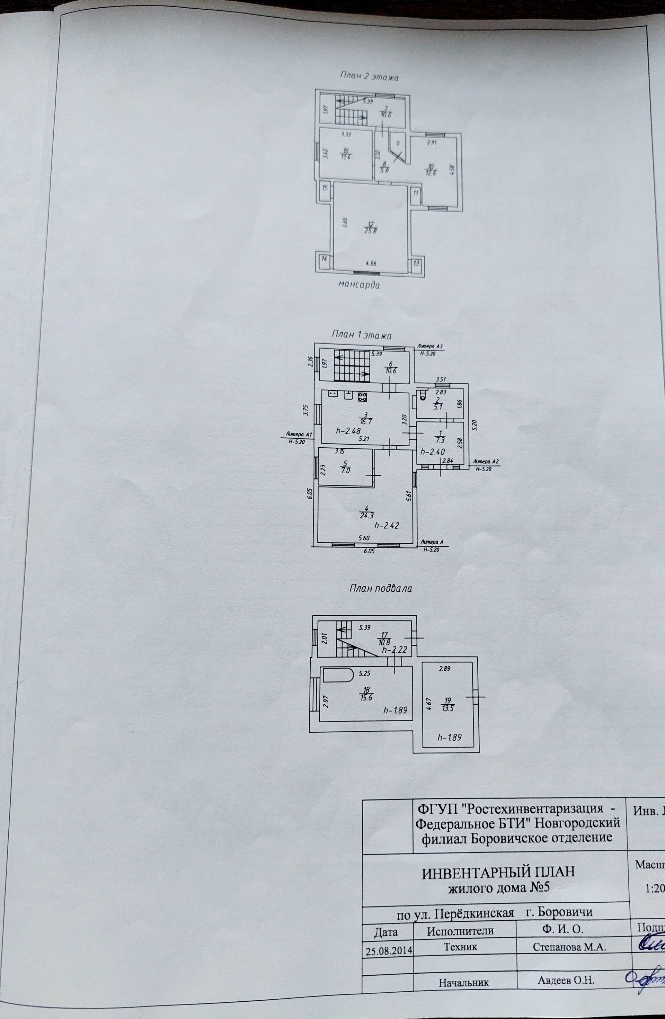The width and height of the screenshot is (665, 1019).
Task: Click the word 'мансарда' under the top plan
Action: point(359,284)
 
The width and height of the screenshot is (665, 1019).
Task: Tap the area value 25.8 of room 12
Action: point(371,232)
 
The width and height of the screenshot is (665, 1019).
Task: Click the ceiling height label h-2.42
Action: point(387,525)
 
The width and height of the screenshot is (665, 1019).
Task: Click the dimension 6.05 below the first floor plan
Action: point(369,552)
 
